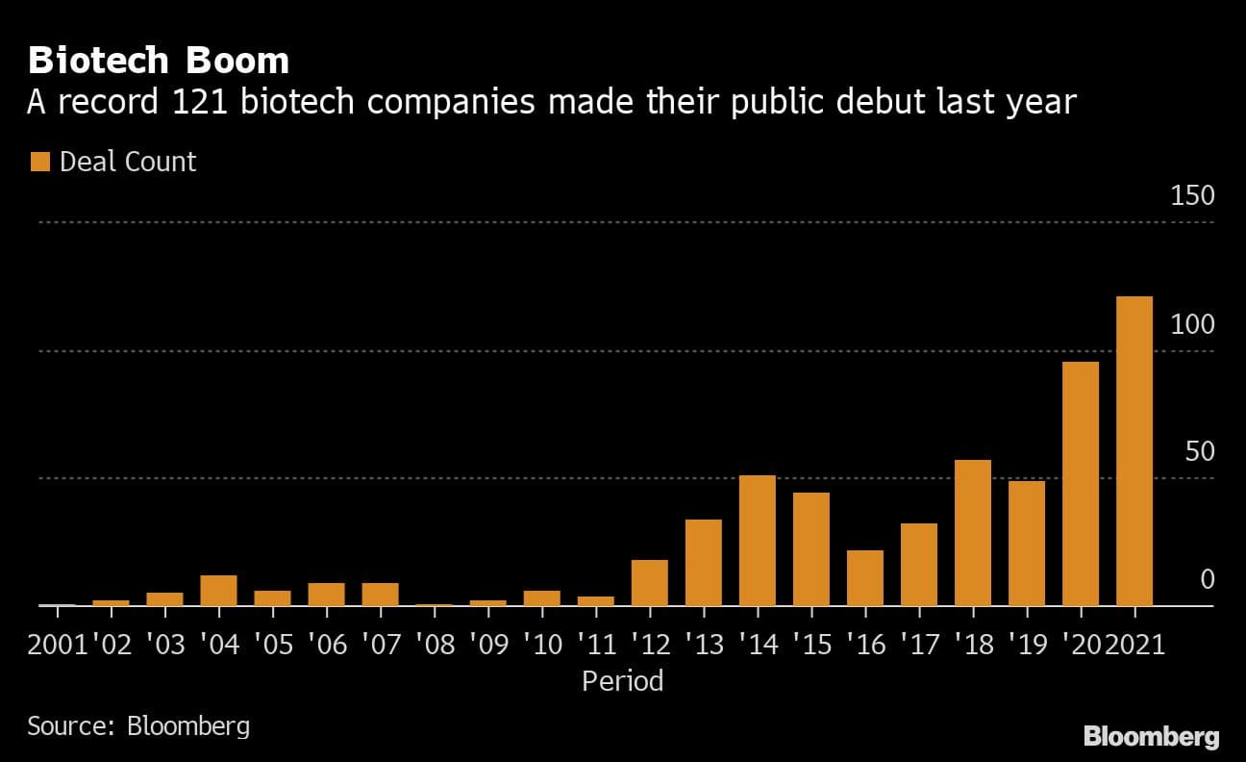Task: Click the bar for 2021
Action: tap(1134, 451)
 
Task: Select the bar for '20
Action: tap(1081, 484)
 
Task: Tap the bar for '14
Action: tap(758, 541)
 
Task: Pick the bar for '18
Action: tap(973, 533)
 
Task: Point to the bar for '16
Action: tap(865, 578)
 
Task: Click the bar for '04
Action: tap(219, 591)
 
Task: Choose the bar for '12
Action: tap(650, 583)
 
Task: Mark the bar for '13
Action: tap(704, 563)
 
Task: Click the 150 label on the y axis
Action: tap(1192, 196)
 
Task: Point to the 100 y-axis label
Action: tap(1192, 324)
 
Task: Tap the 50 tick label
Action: tap(1200, 452)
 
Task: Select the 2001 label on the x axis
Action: tap(58, 644)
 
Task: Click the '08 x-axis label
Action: tap(435, 644)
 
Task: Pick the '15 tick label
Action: tap(811, 644)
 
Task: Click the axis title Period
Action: tap(623, 681)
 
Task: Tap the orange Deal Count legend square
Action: tap(39, 162)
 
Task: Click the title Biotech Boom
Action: tap(159, 61)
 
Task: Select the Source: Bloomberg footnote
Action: tap(138, 725)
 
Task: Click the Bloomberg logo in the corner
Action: tap(1151, 737)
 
